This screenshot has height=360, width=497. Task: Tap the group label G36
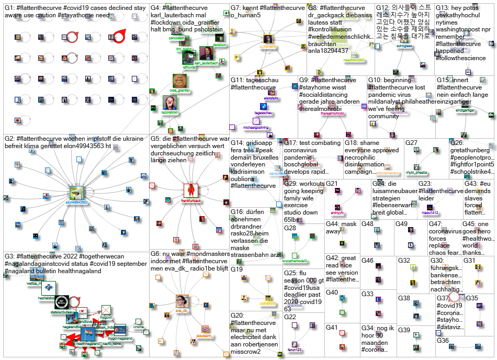click(443, 341)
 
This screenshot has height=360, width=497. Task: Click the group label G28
click(290, 228)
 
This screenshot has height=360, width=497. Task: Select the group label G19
click(237, 269)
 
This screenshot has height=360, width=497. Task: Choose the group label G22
click(290, 317)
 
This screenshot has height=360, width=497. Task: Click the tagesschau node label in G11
click(263, 113)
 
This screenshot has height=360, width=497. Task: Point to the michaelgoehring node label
click(256, 127)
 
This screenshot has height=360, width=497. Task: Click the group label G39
click(404, 330)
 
